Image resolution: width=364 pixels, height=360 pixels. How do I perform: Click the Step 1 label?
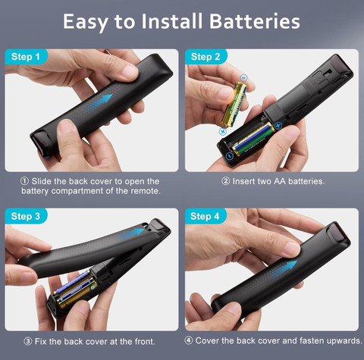pos(26,57)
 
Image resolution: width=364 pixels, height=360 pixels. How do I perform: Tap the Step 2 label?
pos(206,57)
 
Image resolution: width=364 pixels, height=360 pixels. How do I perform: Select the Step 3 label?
pos(26,216)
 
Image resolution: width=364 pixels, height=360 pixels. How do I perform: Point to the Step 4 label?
pos(205,216)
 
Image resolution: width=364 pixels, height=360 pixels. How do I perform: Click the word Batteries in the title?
pos(255,21)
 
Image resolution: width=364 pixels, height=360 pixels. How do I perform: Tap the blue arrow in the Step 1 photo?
pos(99,102)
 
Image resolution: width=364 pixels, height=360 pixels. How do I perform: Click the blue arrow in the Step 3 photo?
pos(132,233)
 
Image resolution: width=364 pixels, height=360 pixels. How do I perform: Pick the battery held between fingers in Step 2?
pos(234,104)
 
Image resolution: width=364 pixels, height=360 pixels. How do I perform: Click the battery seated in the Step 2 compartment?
pos(253,139)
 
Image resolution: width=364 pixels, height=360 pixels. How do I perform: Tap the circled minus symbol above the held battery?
pos(243,77)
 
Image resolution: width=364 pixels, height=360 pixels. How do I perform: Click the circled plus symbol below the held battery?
pos(223,131)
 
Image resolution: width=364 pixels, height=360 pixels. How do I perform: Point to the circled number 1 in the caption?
pos(24,181)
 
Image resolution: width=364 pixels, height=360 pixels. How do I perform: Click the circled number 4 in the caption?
pos(188,340)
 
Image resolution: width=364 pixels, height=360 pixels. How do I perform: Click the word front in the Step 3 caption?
pos(145,342)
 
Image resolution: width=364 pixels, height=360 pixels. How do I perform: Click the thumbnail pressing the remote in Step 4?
pos(293,249)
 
